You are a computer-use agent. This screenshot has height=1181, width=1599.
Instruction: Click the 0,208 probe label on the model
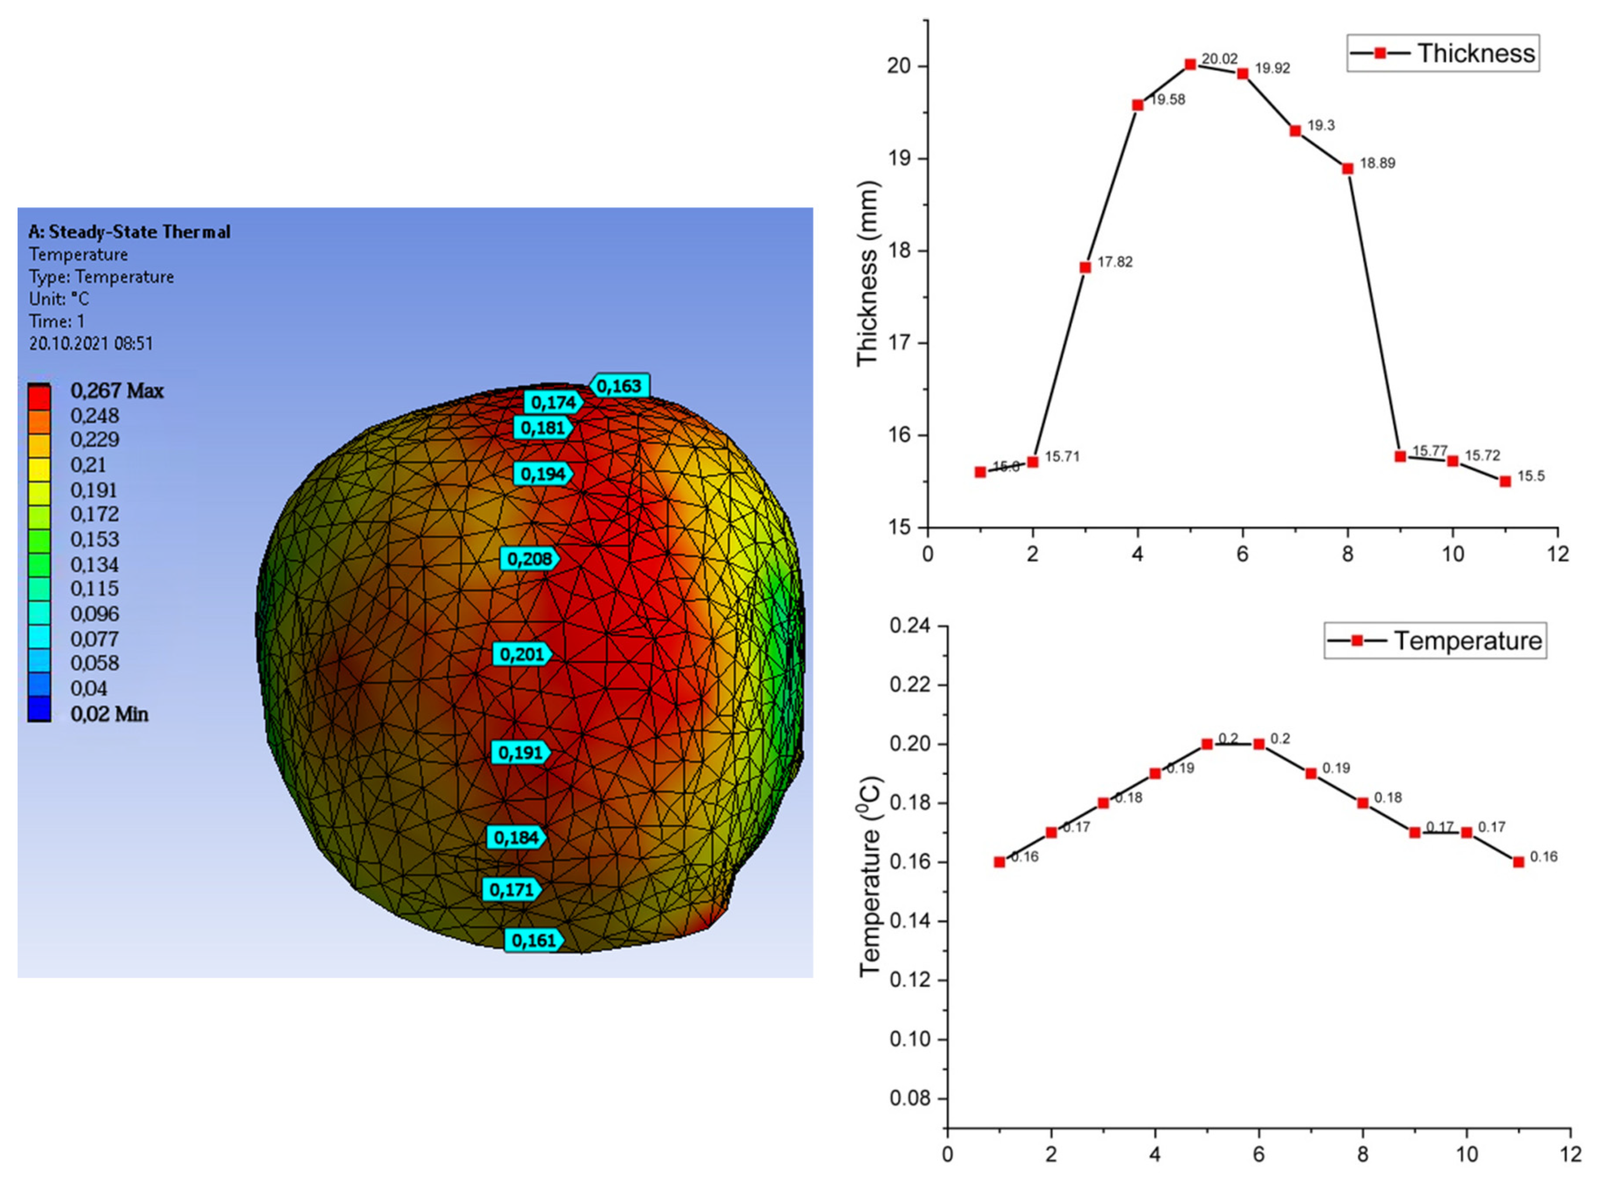tap(529, 559)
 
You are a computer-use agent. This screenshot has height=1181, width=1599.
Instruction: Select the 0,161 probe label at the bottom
tap(533, 940)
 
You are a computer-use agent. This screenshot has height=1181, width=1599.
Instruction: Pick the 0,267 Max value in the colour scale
tap(117, 391)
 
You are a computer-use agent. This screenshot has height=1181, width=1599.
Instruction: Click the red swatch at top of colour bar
tap(39, 396)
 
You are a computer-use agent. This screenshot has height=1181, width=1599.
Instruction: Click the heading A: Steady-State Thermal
tap(129, 232)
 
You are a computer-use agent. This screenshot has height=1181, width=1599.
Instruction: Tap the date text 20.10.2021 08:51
tap(91, 343)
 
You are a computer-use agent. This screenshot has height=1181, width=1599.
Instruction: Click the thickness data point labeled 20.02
tap(1190, 64)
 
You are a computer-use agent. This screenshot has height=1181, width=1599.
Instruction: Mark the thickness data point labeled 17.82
tap(1085, 267)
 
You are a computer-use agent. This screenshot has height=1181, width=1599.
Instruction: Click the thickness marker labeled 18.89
tap(1347, 169)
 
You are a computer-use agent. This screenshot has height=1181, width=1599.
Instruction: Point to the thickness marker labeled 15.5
tap(1505, 481)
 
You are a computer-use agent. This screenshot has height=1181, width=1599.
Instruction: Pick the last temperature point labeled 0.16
tap(1518, 861)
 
